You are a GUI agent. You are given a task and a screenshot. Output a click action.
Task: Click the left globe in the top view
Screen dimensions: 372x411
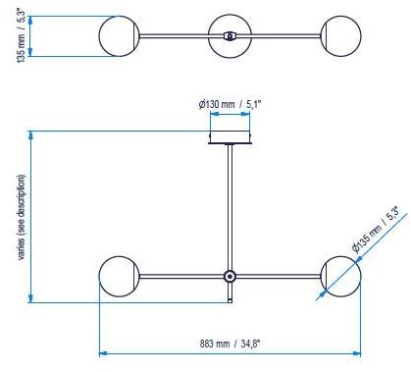coord(120,36)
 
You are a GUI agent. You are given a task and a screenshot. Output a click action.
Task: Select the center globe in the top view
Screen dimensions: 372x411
coord(229,36)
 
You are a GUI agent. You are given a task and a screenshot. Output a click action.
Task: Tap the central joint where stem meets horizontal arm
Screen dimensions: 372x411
coord(230,277)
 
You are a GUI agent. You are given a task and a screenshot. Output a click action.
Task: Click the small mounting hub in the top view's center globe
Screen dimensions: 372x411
coord(229,36)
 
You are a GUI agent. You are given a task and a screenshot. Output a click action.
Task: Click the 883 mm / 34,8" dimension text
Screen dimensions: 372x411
coord(232,344)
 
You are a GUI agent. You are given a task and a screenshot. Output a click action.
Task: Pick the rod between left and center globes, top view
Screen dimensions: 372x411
coord(175,36)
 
